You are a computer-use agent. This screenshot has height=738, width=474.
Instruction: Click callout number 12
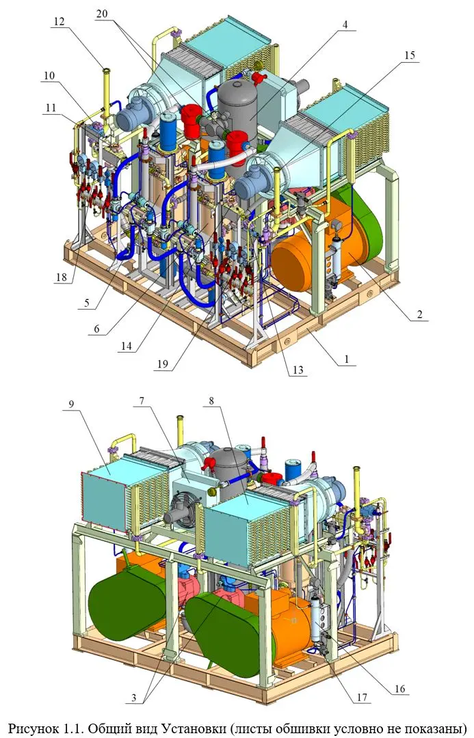point(59,21)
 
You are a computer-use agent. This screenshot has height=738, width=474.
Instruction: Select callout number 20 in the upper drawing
point(102,14)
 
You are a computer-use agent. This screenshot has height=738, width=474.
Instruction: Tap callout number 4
point(346,25)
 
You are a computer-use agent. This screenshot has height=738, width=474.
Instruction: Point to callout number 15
point(410,55)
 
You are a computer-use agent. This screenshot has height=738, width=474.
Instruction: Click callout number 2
point(419,314)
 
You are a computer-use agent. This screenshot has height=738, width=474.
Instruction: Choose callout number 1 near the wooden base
point(347,359)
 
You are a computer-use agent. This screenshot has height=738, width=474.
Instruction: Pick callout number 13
point(298,370)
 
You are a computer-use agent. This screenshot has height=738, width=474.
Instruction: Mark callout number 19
point(162,364)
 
